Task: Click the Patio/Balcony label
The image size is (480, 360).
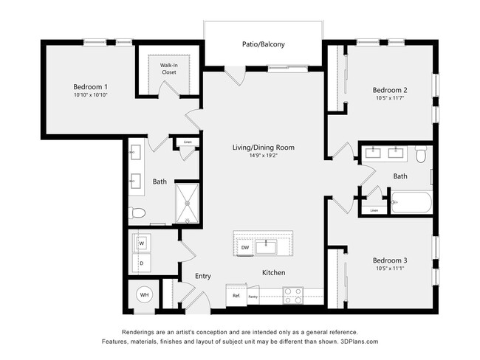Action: coord(264,44)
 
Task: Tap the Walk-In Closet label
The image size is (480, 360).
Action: coord(169,69)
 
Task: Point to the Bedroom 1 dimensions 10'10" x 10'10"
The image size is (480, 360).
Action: coord(91,95)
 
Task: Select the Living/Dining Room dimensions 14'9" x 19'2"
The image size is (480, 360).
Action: coord(264,156)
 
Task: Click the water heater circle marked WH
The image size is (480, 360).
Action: coord(144,295)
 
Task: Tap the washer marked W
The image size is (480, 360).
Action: coord(142,243)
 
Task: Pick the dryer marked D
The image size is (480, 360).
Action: coord(142,263)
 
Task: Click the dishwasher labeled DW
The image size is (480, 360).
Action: coord(245,247)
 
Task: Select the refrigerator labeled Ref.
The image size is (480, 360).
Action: coord(236,295)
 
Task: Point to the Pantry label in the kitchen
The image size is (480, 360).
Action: coord(253,297)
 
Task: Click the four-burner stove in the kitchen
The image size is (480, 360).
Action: coord(293,296)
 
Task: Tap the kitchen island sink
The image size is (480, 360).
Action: coord(267,247)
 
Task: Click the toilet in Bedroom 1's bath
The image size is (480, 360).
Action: coord(137,213)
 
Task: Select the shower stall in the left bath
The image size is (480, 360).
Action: coord(188,204)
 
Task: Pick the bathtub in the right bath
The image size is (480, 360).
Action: coord(411,202)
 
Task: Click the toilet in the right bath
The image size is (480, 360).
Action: coord(421,154)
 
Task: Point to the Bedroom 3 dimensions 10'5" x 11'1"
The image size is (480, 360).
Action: coord(390,269)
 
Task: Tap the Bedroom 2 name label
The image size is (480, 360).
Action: coord(390,90)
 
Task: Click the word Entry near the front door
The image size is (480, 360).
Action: coord(203,276)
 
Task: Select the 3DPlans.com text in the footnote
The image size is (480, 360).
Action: coord(359,342)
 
